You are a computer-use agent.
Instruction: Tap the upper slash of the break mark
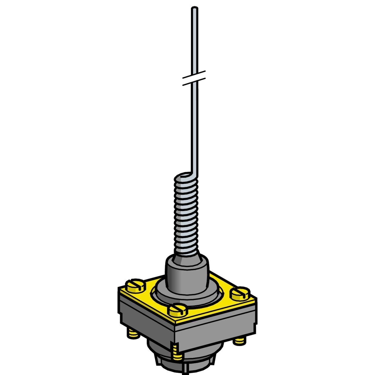(x=194, y=74)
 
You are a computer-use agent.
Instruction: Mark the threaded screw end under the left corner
(x=133, y=334)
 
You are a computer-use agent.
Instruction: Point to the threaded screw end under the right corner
(x=239, y=340)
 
